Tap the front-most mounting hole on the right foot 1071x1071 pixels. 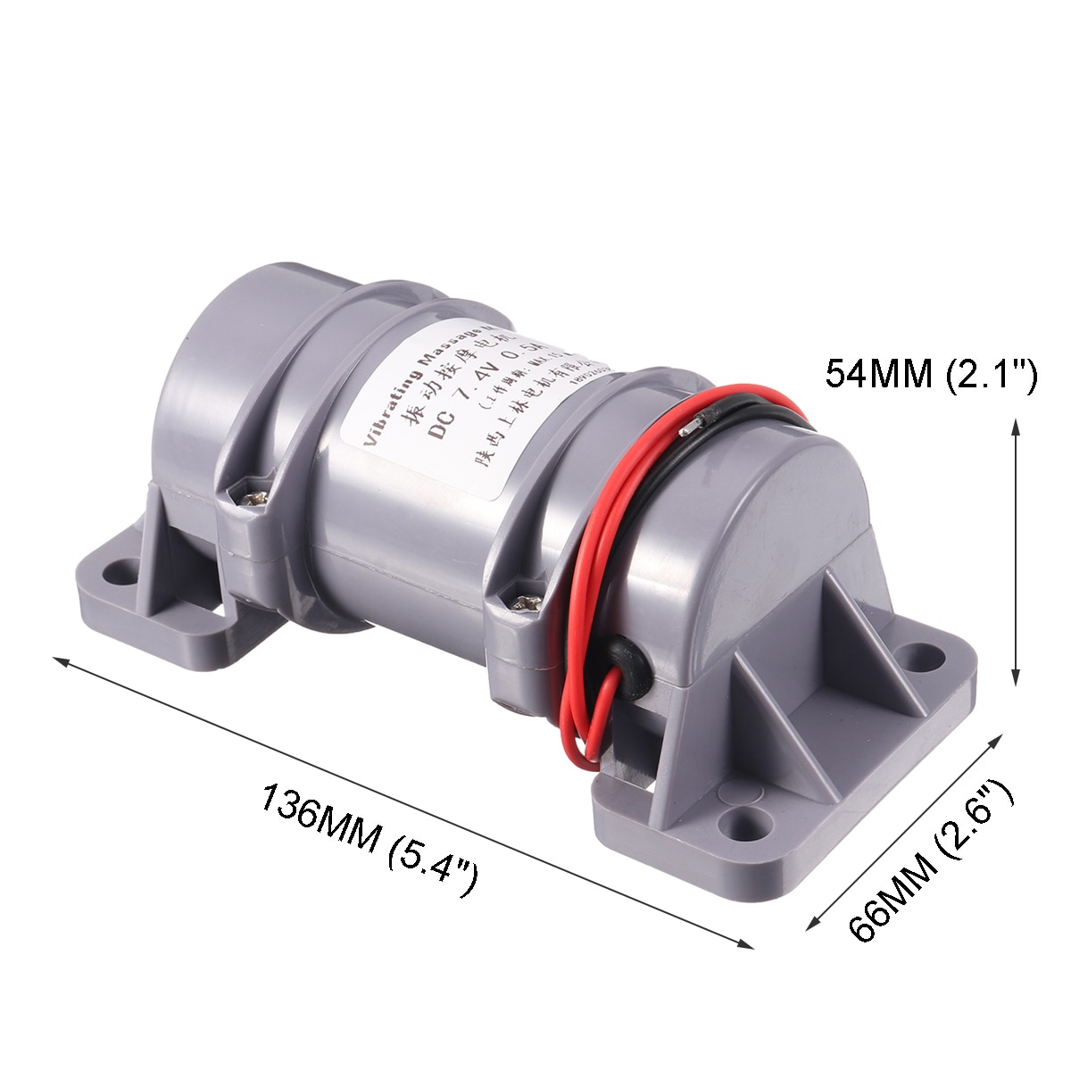(x=745, y=818)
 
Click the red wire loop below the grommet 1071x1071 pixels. (x=589, y=723)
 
